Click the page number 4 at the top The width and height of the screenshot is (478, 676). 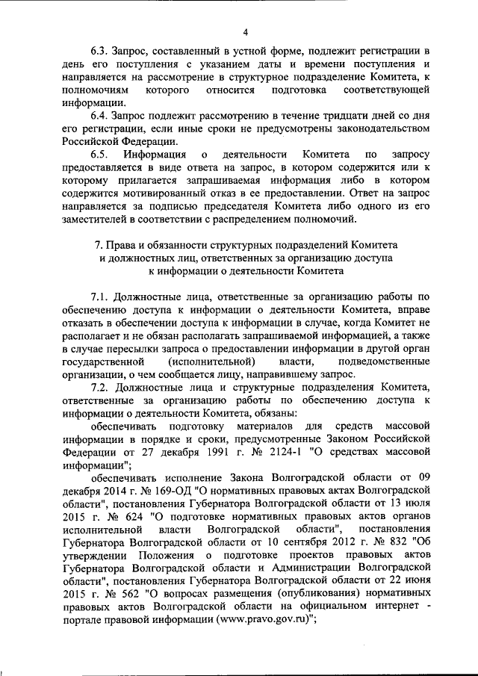tap(245, 32)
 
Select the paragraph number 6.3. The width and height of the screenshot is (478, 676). tap(100, 52)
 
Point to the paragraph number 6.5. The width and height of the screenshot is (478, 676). tap(100, 155)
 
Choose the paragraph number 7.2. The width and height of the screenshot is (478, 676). tap(100, 388)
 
